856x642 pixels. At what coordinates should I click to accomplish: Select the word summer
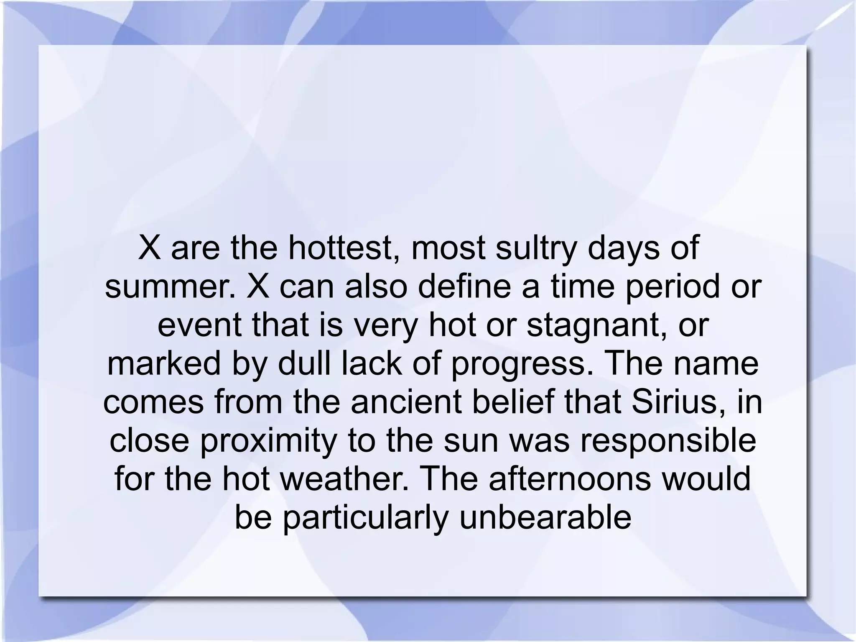coord(171,287)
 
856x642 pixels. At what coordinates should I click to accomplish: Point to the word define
coord(464,287)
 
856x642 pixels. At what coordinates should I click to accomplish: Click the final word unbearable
coord(545,518)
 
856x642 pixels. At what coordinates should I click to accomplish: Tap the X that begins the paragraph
coord(150,248)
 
